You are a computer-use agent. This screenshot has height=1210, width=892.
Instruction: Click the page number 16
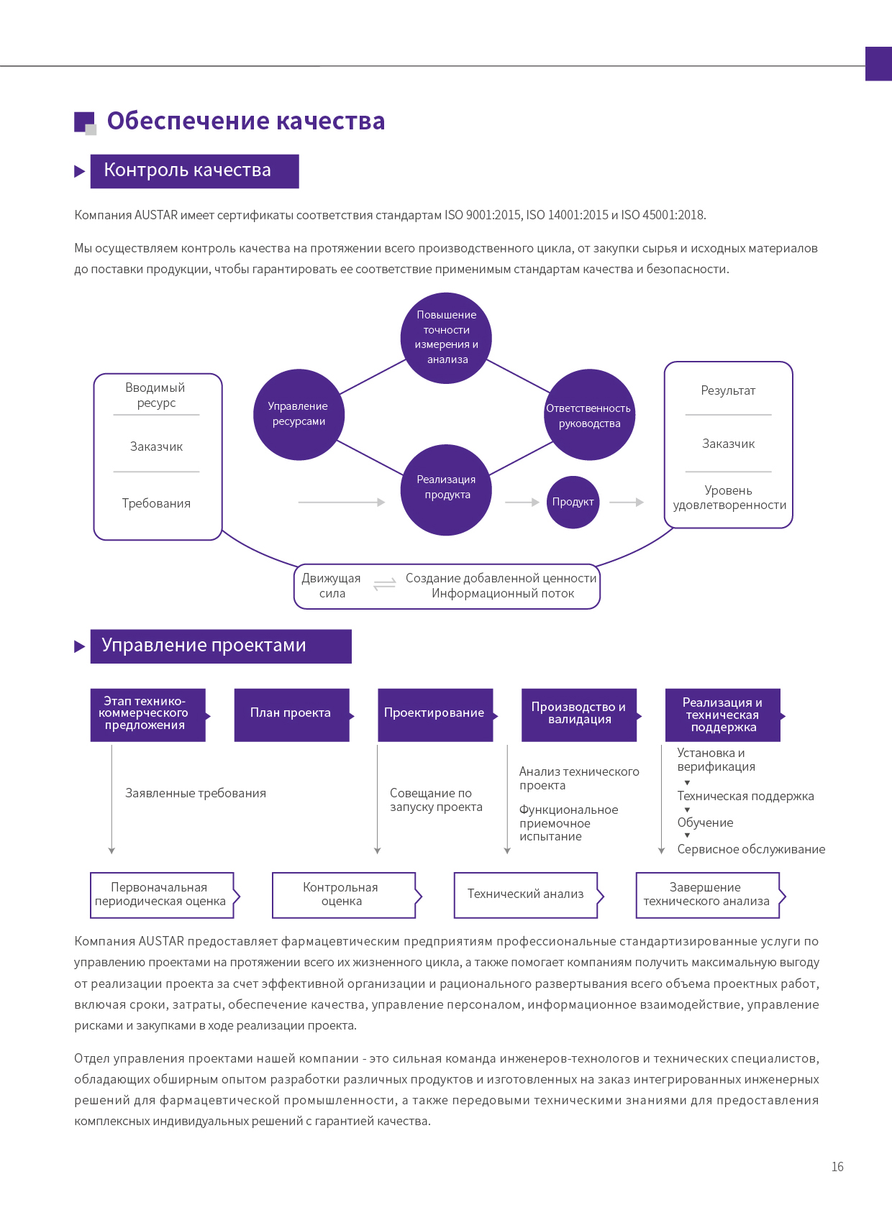[x=837, y=1166]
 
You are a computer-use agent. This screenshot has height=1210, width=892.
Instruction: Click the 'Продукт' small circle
[x=573, y=502]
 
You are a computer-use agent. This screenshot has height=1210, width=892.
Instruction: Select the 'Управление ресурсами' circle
[x=299, y=414]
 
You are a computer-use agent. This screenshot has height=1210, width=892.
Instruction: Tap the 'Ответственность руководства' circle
[x=589, y=414]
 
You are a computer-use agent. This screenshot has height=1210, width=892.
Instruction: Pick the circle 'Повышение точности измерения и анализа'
[x=446, y=338]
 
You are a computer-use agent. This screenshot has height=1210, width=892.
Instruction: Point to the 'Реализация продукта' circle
[x=446, y=490]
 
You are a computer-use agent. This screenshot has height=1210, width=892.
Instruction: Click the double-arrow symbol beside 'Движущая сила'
[x=384, y=585]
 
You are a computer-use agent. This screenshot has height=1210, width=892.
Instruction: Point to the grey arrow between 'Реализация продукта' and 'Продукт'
[x=522, y=503]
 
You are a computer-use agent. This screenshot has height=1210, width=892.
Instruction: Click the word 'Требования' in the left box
[x=156, y=503]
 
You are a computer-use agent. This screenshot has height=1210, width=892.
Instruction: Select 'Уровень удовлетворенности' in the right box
[x=729, y=498]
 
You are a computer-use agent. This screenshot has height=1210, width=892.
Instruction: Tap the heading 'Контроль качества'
[x=187, y=170]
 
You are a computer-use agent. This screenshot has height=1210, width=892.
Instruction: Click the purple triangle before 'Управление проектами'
[x=79, y=646]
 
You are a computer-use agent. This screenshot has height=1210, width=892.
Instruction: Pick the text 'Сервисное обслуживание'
[x=751, y=849]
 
